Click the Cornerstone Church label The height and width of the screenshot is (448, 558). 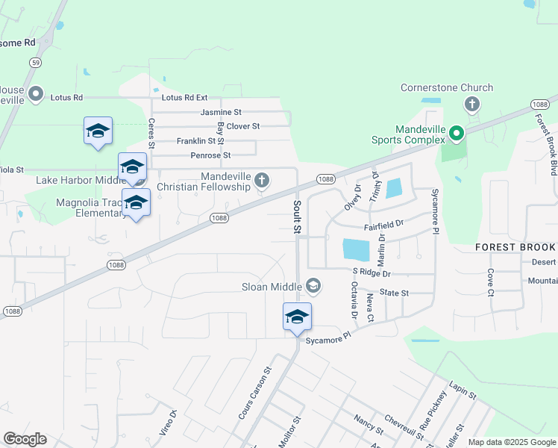point(447,87)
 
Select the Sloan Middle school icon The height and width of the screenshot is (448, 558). point(313,286)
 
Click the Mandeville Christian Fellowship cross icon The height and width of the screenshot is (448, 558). point(261,179)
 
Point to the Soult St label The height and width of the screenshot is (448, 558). point(297,217)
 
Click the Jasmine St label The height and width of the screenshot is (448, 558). point(221,112)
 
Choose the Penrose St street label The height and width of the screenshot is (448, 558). point(210,155)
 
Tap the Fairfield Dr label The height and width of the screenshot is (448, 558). point(383,223)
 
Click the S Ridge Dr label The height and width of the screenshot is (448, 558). point(371,273)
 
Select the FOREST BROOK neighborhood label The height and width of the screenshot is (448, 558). point(515,247)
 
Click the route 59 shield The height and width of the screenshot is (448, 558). point(36,63)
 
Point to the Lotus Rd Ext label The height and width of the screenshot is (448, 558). point(184,98)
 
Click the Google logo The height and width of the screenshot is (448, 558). point(25,439)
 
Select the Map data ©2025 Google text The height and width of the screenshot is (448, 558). point(511,442)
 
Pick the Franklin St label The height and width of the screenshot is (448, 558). point(201,141)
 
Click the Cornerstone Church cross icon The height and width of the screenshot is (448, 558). point(471,104)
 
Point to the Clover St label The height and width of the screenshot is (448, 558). point(242,126)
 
